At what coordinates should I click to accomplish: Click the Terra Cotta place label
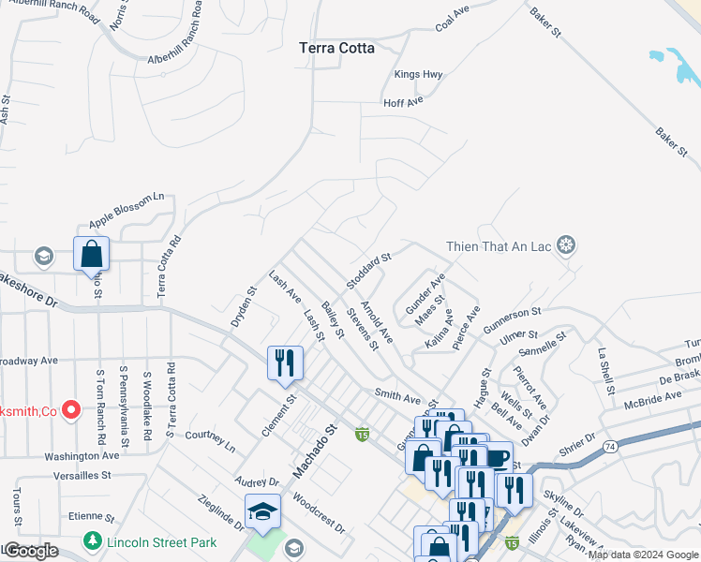click(336, 48)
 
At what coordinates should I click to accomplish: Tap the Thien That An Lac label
click(499, 246)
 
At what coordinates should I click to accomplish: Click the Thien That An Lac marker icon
click(566, 246)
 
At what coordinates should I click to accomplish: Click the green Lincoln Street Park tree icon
click(92, 541)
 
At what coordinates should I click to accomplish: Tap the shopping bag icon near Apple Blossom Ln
click(91, 253)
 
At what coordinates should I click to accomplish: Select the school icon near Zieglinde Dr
click(263, 511)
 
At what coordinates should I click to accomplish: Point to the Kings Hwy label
click(418, 74)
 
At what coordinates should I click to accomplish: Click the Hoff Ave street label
click(404, 101)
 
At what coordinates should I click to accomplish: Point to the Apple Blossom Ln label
click(127, 211)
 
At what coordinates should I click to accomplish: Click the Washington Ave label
click(82, 455)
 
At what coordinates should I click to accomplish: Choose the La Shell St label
click(605, 371)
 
